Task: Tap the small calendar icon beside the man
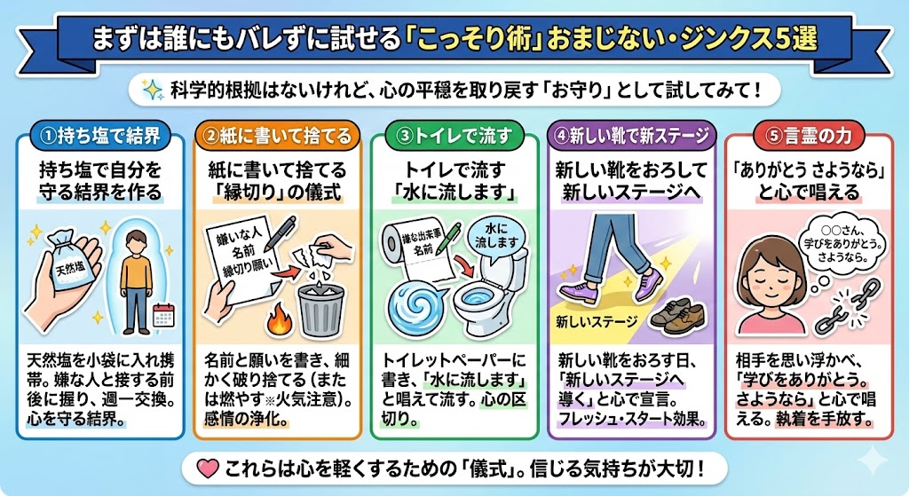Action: (162, 315)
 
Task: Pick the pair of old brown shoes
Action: (677, 315)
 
